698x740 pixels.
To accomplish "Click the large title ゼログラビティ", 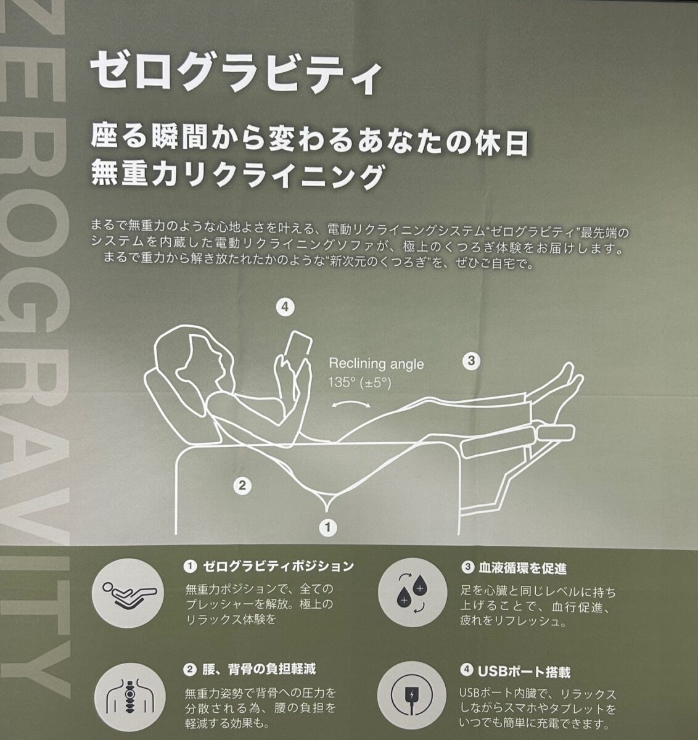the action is tap(236, 72).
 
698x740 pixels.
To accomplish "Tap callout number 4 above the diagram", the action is tap(285, 307).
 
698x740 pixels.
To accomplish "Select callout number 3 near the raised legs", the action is tap(471, 361).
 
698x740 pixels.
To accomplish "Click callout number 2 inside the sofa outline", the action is tap(242, 486).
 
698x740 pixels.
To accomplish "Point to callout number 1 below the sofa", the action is tap(328, 527).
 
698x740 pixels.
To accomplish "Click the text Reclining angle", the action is tap(376, 364).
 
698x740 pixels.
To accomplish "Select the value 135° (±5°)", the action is tap(359, 383).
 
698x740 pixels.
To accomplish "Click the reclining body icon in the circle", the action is tap(128, 593).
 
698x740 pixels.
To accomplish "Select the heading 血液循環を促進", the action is tap(514, 568).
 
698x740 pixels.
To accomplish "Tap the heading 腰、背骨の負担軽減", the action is tap(250, 669).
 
